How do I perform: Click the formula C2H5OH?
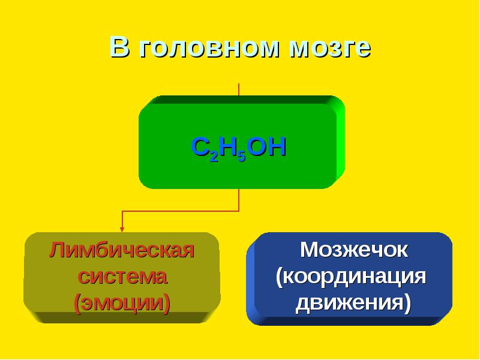coord(238,148)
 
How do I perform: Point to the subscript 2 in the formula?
coord(214,156)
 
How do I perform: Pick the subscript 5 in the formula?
coord(242,156)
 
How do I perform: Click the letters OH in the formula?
coord(266,146)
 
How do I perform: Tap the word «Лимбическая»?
coord(122,250)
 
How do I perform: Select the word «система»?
coord(122,277)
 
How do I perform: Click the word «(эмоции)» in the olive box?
coord(122,303)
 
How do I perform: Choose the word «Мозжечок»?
coord(353,250)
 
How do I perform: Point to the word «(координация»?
coord(351,277)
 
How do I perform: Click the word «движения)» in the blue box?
coord(353,303)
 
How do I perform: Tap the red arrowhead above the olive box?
coord(122,229)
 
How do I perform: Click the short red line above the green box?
coord(239,89)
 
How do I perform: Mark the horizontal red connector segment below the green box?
coord(181,211)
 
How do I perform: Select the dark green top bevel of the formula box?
coord(242,100)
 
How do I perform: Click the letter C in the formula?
coord(200,146)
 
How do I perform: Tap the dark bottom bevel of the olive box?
coord(122,317)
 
